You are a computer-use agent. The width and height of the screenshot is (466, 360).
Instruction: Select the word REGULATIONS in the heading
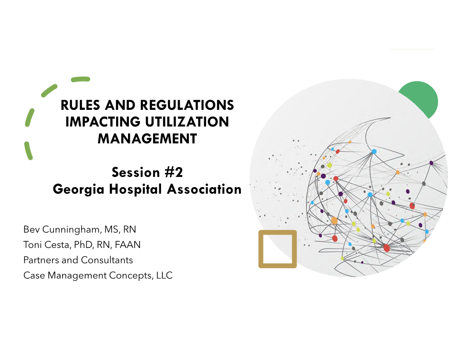(x=187, y=105)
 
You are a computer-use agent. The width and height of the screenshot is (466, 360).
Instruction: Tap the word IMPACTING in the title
(x=103, y=122)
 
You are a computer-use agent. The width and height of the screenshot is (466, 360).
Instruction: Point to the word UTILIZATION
(x=187, y=122)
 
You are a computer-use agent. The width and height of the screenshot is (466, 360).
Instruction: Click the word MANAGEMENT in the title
(x=147, y=139)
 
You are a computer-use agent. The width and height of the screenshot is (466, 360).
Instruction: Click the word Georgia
(x=79, y=190)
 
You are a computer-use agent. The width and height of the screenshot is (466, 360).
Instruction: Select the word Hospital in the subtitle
(x=135, y=190)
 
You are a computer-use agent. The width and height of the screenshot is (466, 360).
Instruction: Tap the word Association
(x=204, y=189)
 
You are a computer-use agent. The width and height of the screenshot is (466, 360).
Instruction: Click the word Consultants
(x=107, y=260)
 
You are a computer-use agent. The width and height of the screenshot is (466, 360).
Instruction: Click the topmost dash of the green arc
(x=81, y=79)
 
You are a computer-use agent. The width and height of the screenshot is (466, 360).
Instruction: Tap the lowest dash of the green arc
(x=28, y=150)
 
